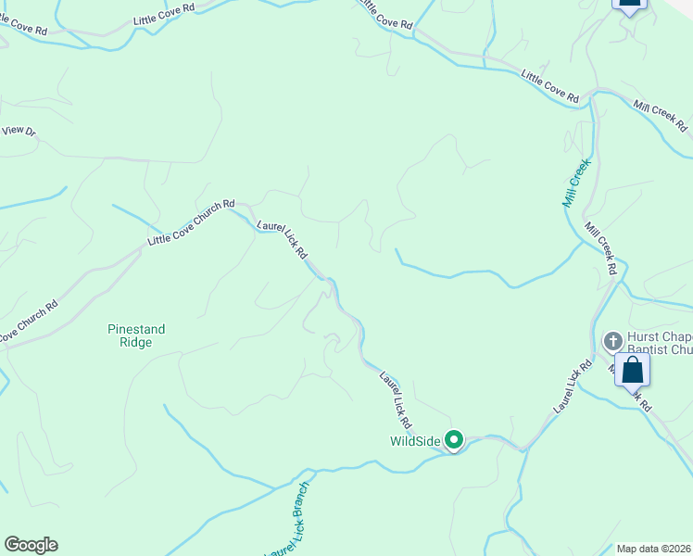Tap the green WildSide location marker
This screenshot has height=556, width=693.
point(454,440)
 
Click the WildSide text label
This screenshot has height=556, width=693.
point(413,441)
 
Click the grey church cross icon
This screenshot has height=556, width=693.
point(612,341)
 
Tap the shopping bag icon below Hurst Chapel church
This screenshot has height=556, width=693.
point(632,371)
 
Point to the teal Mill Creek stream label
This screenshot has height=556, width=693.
point(575,183)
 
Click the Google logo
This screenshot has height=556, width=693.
point(31,545)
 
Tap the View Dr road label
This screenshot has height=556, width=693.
point(19,132)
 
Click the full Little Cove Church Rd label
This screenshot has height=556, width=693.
point(192,223)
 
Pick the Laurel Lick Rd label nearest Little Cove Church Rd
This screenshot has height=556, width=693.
point(283,238)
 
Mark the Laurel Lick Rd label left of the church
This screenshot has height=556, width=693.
point(572,387)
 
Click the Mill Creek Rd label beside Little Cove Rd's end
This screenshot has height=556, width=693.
point(661,115)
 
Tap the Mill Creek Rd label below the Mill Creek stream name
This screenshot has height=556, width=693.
point(600,247)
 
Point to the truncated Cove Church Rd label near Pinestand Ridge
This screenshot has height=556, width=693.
point(29,320)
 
